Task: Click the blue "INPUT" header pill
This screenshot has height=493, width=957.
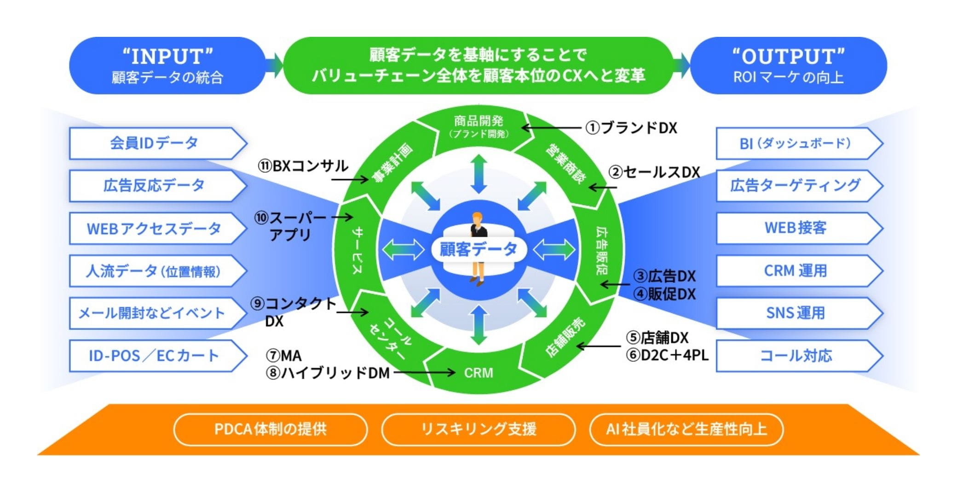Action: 167,65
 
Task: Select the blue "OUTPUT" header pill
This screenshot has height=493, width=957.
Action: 788,65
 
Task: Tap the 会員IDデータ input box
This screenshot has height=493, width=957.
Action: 154,143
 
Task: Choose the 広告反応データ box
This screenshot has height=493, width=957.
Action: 154,186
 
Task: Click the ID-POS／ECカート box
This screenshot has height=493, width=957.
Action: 154,356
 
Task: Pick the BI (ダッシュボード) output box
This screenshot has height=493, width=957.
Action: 795,143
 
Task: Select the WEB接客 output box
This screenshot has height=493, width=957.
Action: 795,228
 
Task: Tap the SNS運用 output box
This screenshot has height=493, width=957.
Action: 795,313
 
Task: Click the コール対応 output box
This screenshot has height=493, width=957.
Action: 795,356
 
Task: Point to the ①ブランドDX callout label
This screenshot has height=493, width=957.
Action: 631,128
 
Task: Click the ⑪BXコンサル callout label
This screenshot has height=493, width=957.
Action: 303,166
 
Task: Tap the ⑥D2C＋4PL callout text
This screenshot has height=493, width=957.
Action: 667,355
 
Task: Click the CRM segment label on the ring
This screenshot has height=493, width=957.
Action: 478,373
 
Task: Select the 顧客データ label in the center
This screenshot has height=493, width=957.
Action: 478,249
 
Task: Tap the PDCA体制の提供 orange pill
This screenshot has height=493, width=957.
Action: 271,429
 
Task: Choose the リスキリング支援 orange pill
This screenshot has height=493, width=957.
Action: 478,429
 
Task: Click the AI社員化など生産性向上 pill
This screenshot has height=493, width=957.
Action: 686,429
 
